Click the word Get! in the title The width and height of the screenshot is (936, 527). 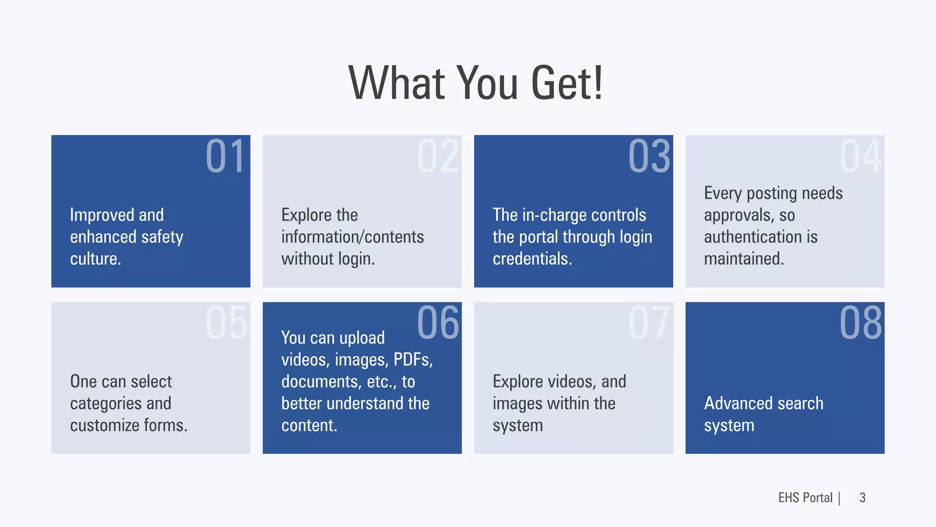[567, 83]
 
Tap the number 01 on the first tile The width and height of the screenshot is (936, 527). [225, 156]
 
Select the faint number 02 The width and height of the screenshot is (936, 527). [437, 156]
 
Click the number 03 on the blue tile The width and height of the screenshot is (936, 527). [649, 156]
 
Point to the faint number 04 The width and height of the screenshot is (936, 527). [860, 156]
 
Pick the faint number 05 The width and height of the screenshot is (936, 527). [226, 323]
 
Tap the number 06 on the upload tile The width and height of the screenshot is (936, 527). [437, 323]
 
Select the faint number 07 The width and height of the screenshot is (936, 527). [649, 323]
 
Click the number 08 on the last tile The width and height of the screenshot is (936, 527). [860, 323]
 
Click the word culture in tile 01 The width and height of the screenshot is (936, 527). [95, 259]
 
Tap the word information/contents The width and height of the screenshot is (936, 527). [352, 237]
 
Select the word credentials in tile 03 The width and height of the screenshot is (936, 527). [532, 259]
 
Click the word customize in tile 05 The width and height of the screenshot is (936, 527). [105, 425]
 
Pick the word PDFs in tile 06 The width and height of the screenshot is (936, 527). [412, 360]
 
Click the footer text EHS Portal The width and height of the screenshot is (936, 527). [805, 498]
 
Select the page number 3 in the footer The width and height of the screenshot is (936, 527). [862, 498]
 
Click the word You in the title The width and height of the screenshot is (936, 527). [487, 83]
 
